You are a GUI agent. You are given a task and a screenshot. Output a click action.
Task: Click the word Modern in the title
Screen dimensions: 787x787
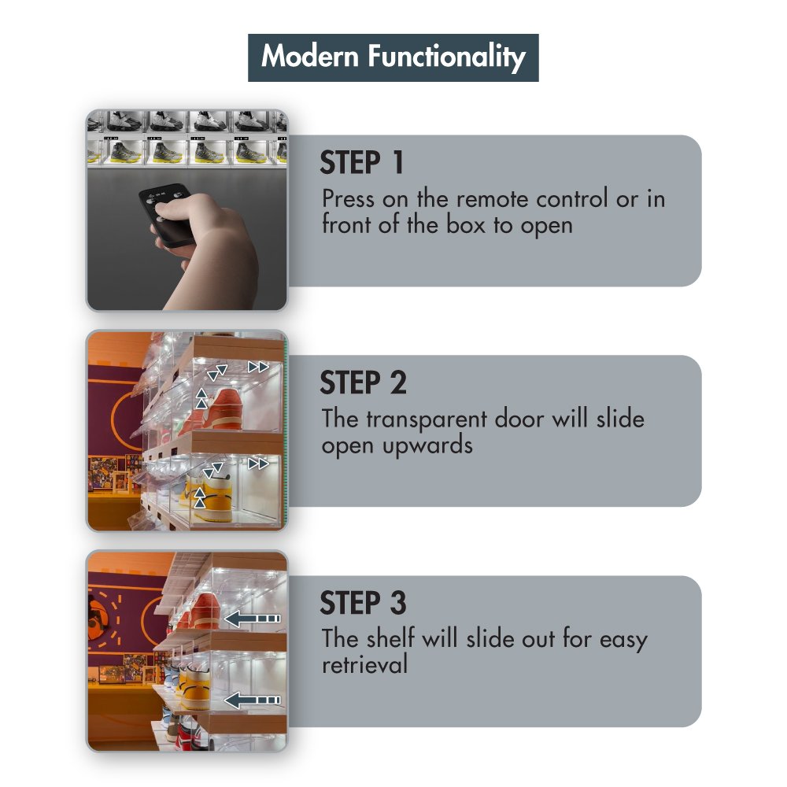309,56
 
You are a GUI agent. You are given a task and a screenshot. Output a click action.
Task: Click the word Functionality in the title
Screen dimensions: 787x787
447,57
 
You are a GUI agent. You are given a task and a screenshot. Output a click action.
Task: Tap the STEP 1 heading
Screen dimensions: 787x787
361,163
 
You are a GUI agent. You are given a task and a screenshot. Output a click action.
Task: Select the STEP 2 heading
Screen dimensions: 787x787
363,383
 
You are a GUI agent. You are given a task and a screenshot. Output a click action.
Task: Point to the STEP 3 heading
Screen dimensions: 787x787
363,603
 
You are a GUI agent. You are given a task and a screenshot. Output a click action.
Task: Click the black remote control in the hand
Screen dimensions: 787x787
165,215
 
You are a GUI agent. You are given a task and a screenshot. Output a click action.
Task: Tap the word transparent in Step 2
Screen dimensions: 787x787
426,420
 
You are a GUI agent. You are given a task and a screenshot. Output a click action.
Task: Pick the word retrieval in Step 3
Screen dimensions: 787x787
365,664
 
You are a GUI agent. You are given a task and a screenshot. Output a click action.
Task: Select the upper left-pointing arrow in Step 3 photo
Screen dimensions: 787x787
252,619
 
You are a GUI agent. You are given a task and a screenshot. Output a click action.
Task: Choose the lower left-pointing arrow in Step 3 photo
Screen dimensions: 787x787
252,700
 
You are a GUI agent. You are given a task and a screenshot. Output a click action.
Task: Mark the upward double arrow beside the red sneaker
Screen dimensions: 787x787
201,398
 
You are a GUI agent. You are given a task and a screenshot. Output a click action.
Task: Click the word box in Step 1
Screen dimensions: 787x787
465,225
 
